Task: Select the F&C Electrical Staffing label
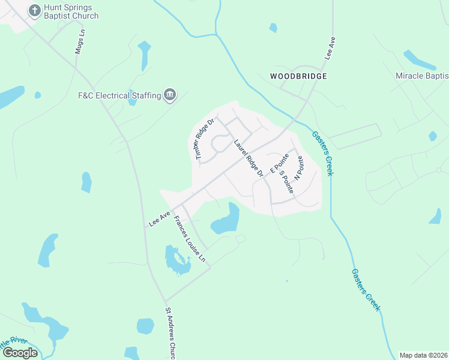click(119, 95)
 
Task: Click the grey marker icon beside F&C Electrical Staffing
click(170, 95)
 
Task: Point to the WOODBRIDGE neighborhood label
click(298, 76)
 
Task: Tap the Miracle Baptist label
click(422, 76)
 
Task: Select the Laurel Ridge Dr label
click(249, 158)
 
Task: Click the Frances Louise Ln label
click(190, 238)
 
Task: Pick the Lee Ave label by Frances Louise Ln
click(159, 218)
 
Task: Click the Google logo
click(20, 352)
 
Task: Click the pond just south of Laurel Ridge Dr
click(226, 221)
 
